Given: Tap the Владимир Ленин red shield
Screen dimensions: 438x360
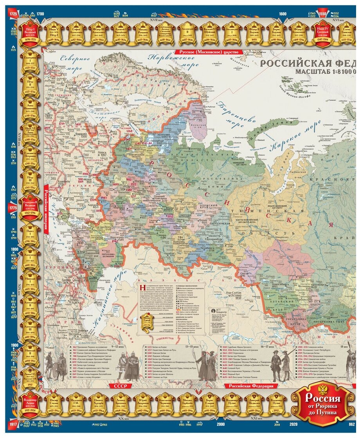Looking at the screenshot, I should pos(31,403).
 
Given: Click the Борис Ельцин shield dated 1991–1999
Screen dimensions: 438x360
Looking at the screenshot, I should pos(210,403).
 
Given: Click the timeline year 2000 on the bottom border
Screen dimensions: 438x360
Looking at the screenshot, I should pos(221,424).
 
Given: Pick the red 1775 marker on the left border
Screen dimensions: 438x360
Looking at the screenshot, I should pos(13,208).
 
